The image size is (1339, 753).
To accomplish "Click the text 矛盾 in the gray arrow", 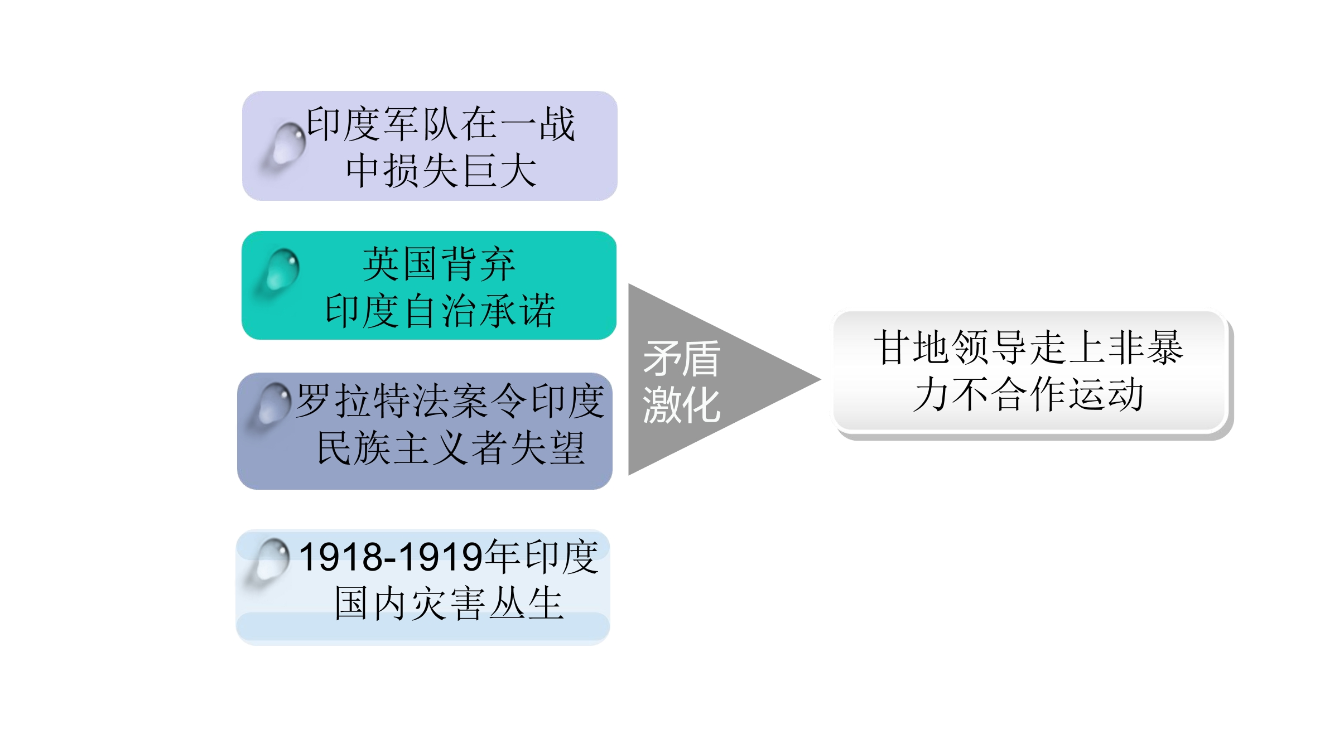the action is click(682, 359).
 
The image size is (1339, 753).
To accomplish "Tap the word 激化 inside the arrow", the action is click(682, 405).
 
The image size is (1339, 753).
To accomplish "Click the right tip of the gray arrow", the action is click(820, 380).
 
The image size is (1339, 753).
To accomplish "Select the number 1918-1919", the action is click(391, 557).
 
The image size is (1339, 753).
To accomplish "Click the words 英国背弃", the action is click(439, 264).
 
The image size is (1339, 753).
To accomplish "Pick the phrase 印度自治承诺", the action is click(440, 311).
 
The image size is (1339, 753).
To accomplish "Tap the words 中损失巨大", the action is click(441, 171).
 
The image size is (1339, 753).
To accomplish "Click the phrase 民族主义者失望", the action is click(451, 448).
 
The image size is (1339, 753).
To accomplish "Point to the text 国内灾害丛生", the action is click(449, 604).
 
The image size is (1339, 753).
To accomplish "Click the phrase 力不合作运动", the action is click(1028, 394).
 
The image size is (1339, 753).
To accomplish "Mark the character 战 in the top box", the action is click(557, 124).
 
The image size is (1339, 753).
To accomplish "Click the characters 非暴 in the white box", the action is click(1145, 347).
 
